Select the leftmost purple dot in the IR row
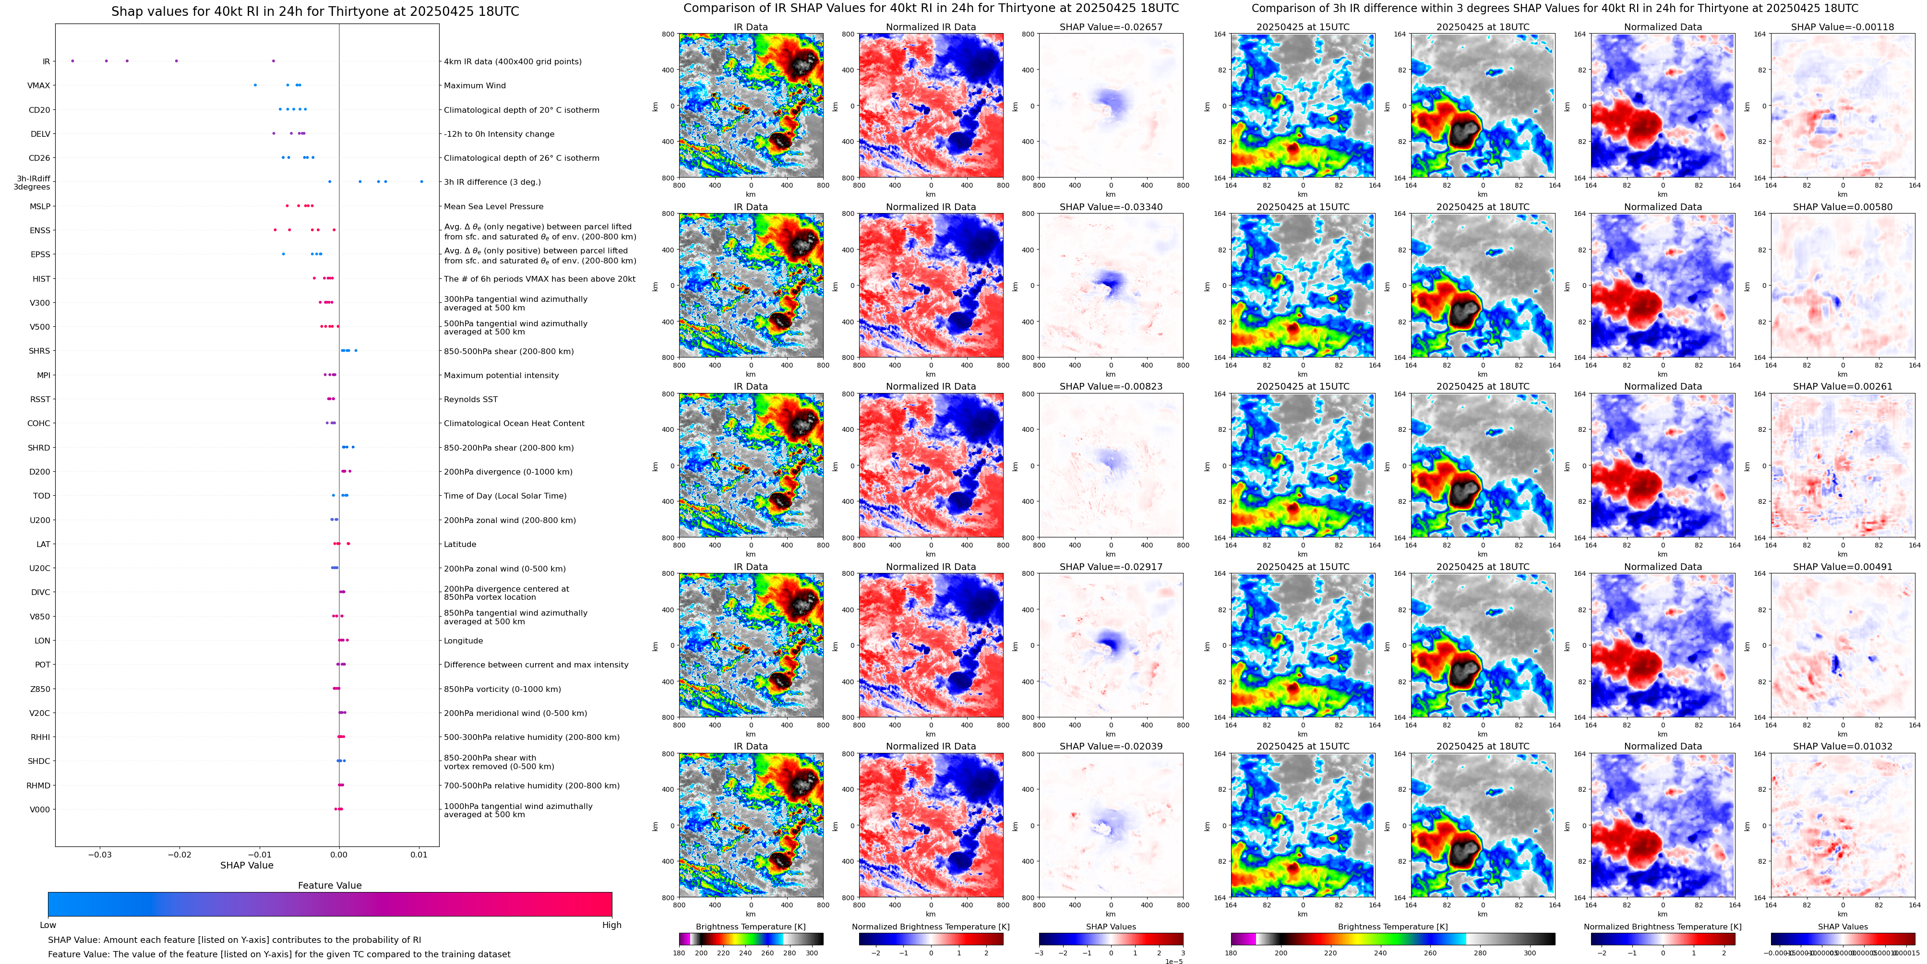[x=72, y=60]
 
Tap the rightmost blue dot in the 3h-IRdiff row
[x=422, y=182]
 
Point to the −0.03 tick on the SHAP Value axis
[x=100, y=854]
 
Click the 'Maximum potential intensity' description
[x=501, y=375]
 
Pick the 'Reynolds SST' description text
[x=470, y=399]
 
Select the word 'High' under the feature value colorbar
[x=611, y=925]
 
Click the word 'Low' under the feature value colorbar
[x=48, y=925]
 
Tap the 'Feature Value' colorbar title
[x=329, y=885]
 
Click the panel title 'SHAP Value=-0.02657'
[x=1111, y=27]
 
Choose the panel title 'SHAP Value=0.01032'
[x=1843, y=746]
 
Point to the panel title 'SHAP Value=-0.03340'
[x=1111, y=207]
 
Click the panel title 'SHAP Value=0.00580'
[x=1843, y=207]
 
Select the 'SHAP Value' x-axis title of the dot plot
[x=246, y=865]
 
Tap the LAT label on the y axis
[x=43, y=545]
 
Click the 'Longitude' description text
[x=463, y=641]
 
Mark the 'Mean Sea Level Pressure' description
[x=493, y=206]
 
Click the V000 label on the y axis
[x=40, y=809]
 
